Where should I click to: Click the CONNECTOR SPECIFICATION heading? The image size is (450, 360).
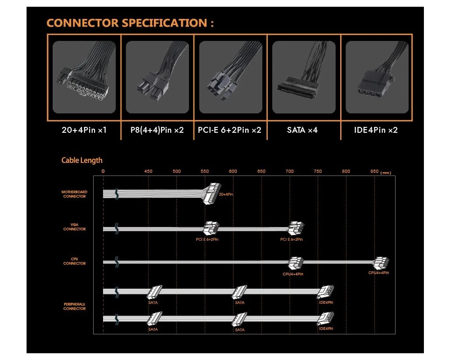coord(130,23)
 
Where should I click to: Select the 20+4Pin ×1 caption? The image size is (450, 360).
coord(84,130)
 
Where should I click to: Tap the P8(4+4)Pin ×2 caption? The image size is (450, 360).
coord(157,130)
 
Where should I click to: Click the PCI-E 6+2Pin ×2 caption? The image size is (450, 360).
coord(229,130)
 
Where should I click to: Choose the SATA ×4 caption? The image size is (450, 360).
coord(302,130)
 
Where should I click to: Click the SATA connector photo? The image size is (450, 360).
coord(304,77)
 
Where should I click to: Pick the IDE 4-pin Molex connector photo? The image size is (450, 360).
coord(376,77)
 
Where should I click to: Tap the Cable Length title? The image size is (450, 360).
coord(82,160)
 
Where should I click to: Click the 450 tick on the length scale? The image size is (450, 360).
coord(148,171)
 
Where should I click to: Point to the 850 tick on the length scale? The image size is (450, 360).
coord(374,171)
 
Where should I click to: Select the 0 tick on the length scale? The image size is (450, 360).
coord(103,171)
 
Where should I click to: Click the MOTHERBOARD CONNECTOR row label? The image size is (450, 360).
coord(74,194)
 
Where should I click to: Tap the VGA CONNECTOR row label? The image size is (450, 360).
coord(74,227)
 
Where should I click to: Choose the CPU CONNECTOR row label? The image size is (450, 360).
coord(74,261)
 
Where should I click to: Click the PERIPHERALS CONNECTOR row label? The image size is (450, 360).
coord(74,306)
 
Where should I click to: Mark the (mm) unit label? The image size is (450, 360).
coord(386,172)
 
